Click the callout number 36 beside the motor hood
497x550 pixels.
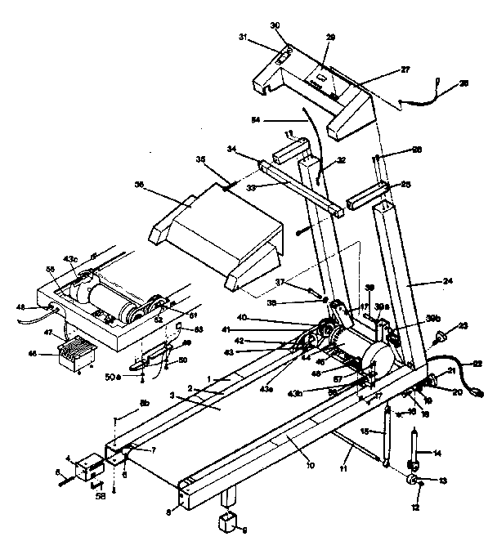139,186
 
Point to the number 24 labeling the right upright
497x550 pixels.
447,280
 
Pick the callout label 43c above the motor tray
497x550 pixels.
71,260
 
